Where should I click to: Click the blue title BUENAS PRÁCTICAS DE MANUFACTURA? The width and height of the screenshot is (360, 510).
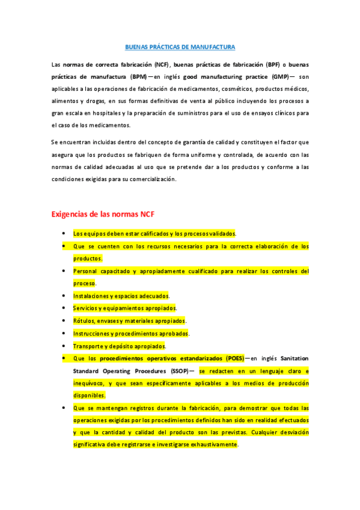click(180, 47)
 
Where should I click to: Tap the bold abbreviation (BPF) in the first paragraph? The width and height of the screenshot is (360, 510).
click(273, 63)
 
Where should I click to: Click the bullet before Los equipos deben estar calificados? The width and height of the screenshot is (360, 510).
click(64, 233)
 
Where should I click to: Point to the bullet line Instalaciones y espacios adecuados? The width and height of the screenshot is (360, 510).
click(121, 296)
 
